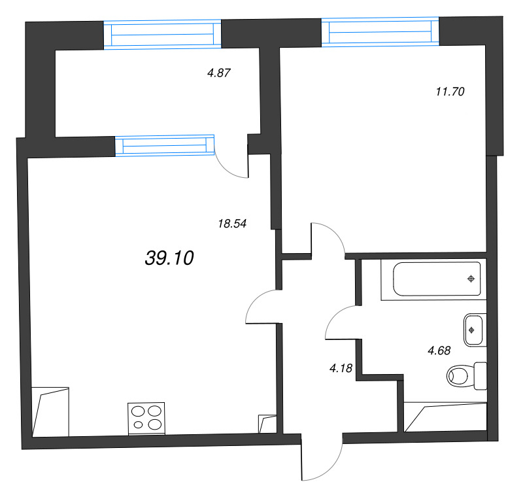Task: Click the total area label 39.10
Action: pos(169,258)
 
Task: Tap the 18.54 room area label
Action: pos(232,224)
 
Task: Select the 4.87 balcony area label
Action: pos(219,73)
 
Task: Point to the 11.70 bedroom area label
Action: pos(450,92)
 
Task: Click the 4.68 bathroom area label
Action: pos(439,351)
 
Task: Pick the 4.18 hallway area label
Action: pos(341,368)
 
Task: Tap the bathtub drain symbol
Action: pos(471,279)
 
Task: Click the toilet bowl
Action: pos(460,375)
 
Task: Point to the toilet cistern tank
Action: pos(481,375)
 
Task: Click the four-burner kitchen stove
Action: pos(146,419)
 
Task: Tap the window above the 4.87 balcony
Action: pos(162,35)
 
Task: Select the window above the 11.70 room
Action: pos(380,31)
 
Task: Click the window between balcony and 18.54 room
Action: pos(165,145)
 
